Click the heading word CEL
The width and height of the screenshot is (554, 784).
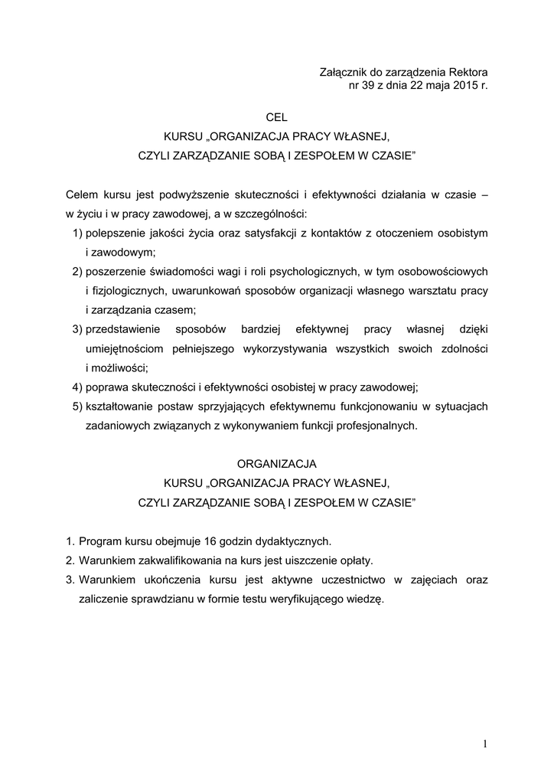tap(276, 118)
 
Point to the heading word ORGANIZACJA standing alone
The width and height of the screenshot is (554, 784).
tap(276, 464)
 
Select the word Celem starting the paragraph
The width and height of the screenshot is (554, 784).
tap(81, 195)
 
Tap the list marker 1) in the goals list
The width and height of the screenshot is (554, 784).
tap(77, 232)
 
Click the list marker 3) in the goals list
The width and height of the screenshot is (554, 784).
tap(77, 329)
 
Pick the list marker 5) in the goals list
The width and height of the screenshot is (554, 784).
tap(77, 406)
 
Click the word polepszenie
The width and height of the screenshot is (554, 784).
tap(116, 232)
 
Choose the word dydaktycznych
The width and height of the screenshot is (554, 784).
tap(295, 540)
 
